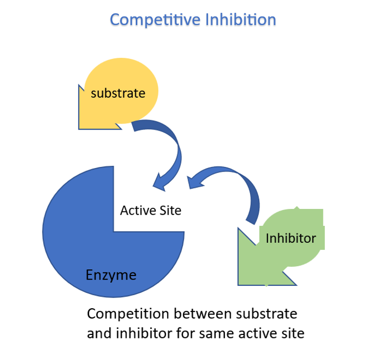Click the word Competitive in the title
click(155, 20)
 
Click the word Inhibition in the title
click(240, 20)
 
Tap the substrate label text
click(118, 93)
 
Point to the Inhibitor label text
click(290, 238)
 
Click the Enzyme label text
click(111, 275)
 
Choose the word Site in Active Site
click(170, 210)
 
